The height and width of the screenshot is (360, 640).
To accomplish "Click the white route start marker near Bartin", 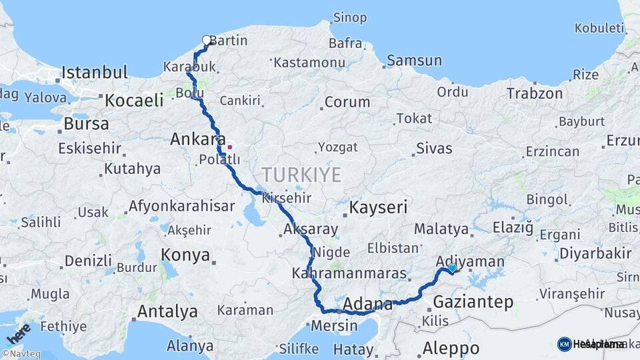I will tap(206, 40).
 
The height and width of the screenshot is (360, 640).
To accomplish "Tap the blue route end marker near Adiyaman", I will tap(453, 268).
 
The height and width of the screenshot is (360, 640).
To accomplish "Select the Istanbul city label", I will tap(94, 72).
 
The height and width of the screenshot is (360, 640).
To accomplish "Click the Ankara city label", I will tap(197, 139).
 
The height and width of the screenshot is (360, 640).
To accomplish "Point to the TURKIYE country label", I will tap(301, 175).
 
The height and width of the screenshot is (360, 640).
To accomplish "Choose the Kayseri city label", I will tap(378, 207).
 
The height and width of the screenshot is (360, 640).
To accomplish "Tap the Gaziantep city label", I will tap(473, 303).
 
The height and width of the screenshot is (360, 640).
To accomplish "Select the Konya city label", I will tap(186, 255).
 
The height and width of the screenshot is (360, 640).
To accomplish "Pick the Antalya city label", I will tap(167, 311).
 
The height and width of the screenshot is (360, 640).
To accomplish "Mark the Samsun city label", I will tap(414, 61).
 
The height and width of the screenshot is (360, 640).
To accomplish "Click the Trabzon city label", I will tap(535, 93).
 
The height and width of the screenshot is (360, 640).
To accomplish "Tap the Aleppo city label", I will tap(451, 348).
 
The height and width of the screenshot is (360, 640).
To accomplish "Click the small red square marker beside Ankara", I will tap(230, 147).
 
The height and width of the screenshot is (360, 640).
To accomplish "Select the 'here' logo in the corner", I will tap(18, 333).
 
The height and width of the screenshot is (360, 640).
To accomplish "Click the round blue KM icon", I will tap(564, 344).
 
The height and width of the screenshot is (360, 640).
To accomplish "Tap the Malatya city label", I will tap(441, 229).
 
